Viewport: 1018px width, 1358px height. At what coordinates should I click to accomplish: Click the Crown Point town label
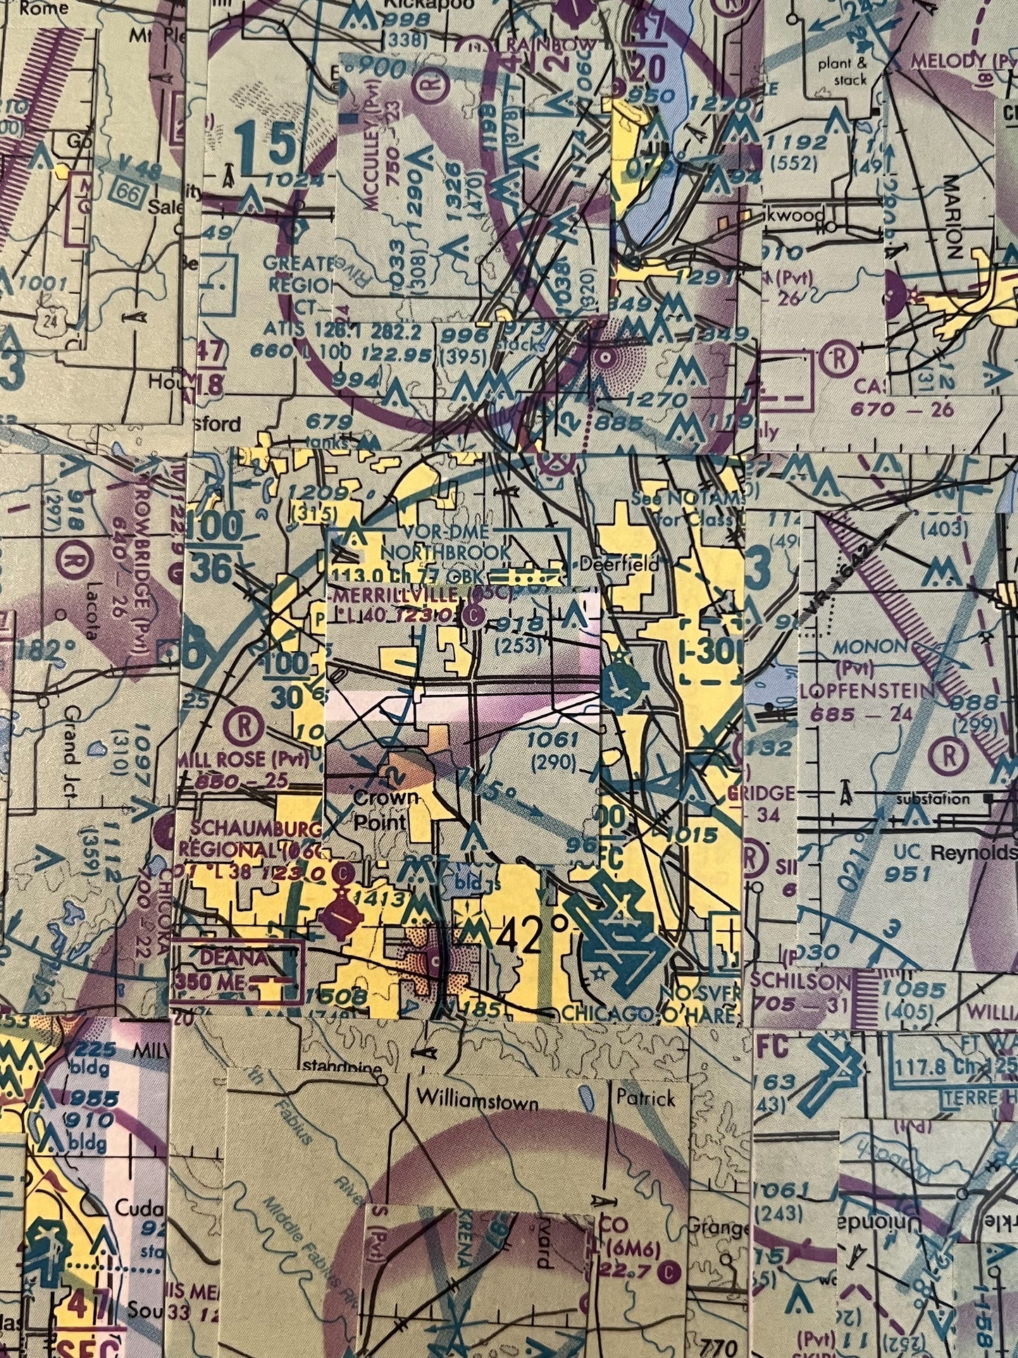[386, 810]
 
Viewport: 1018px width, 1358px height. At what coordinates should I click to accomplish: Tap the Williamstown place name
[477, 1100]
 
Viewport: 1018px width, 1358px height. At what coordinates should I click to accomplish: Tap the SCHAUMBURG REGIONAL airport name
[250, 839]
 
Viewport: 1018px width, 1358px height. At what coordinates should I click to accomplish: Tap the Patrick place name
[645, 1097]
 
